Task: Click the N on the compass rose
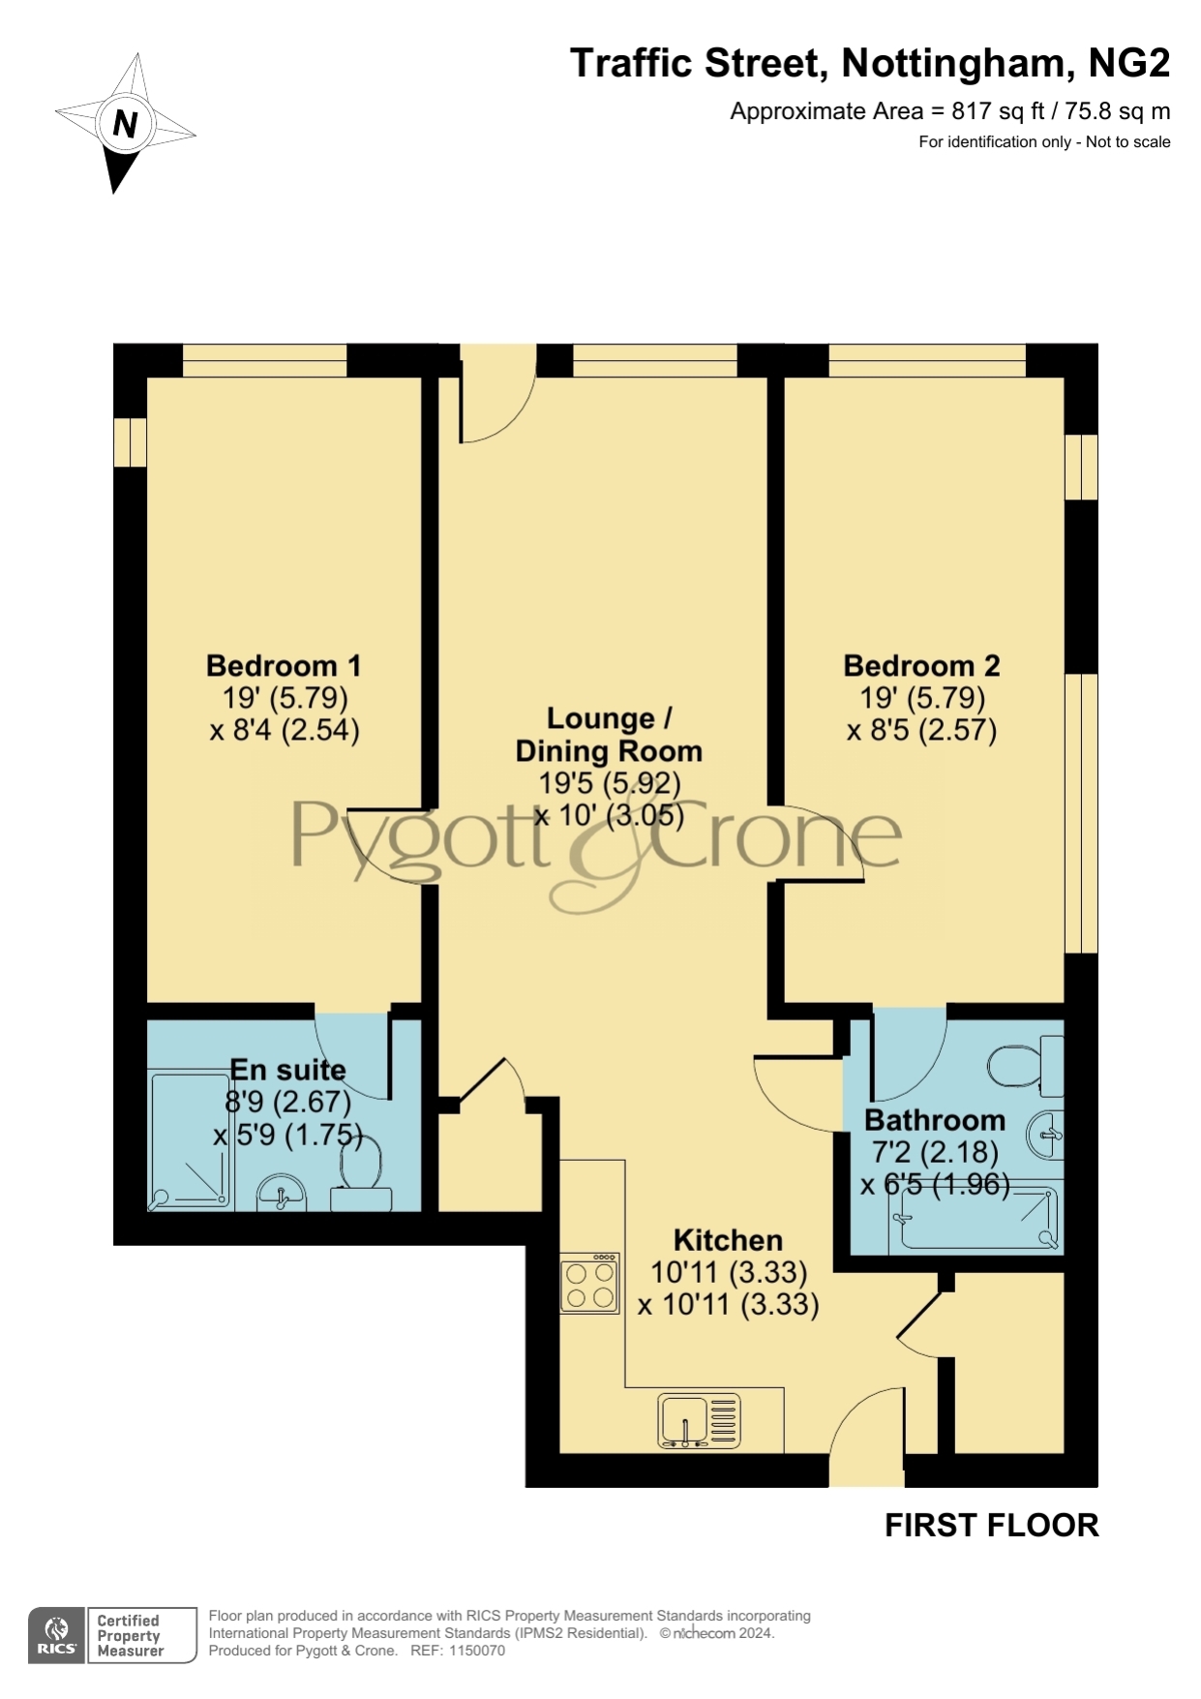pyautogui.click(x=126, y=124)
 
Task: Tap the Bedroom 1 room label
pyautogui.click(x=284, y=666)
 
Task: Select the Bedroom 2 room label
pyautogui.click(x=921, y=666)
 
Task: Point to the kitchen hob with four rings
pyautogui.click(x=589, y=1285)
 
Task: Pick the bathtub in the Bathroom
pyautogui.click(x=978, y=1217)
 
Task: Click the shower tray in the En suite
pyautogui.click(x=190, y=1139)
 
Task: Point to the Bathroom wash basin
pyautogui.click(x=1046, y=1135)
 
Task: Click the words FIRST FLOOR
pyautogui.click(x=992, y=1526)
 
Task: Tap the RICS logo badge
pyautogui.click(x=56, y=1635)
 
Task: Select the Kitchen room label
pyautogui.click(x=728, y=1240)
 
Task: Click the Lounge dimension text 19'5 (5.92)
pyautogui.click(x=610, y=782)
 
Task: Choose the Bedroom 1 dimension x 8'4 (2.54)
pyautogui.click(x=285, y=729)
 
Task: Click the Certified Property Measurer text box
pyautogui.click(x=141, y=1635)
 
